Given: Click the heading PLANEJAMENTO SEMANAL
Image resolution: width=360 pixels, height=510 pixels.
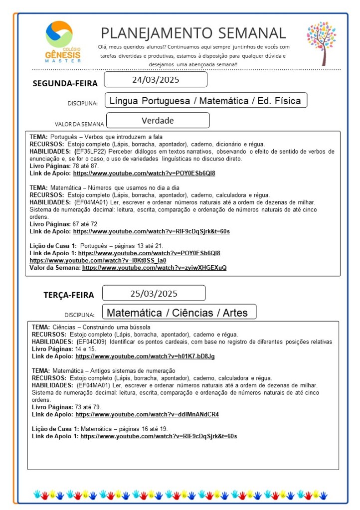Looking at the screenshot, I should [193, 33].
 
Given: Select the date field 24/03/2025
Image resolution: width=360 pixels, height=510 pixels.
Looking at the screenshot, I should [156, 80].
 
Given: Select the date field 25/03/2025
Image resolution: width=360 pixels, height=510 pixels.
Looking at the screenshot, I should [154, 293].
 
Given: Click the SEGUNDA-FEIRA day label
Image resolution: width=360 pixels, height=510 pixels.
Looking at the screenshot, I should [65, 83].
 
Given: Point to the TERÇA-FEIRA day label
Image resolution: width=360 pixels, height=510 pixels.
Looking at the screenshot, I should [68, 295].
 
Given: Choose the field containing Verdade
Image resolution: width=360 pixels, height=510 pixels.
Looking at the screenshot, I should [158, 121].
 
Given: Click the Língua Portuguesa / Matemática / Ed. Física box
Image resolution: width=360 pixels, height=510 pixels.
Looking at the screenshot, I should [205, 101].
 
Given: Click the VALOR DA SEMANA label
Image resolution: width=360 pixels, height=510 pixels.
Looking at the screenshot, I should [79, 124].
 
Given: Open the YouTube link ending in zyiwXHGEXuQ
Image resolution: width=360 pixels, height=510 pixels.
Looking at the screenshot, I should [154, 268].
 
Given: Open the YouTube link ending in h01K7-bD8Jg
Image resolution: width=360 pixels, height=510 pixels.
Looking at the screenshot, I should [145, 356].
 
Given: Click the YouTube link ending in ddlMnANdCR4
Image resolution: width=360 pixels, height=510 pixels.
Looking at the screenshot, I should [147, 414].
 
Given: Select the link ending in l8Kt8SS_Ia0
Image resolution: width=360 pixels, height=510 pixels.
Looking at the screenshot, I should [98, 260].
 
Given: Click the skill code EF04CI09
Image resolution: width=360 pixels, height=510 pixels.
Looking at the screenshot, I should [92, 342].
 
